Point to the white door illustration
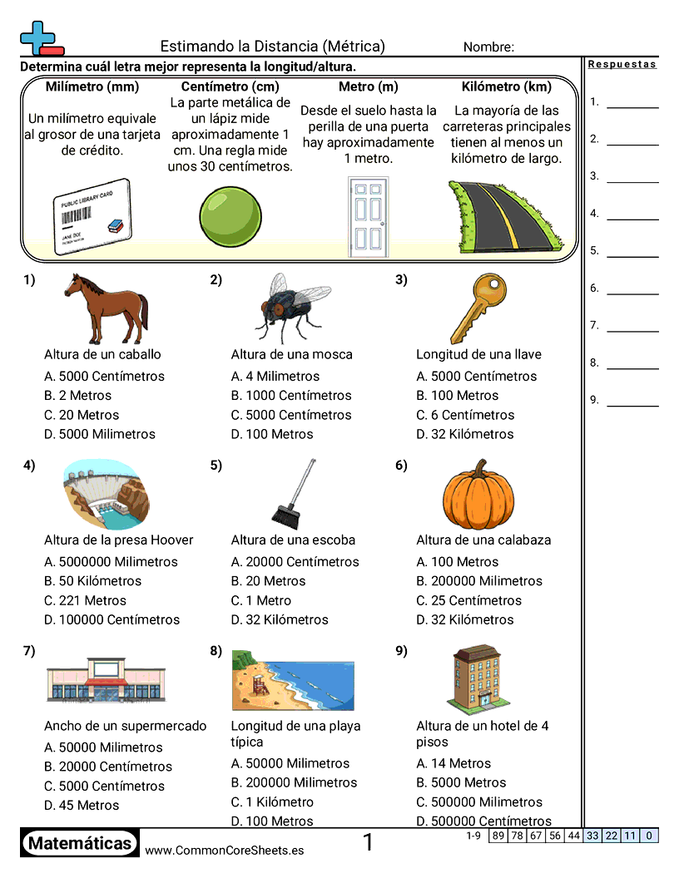[x=367, y=215]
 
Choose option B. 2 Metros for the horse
[x=77, y=396]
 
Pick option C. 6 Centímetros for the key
[x=465, y=415]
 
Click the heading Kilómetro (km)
[x=506, y=86]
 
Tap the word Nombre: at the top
[x=488, y=47]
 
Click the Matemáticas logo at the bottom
[x=80, y=844]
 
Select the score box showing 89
[x=498, y=836]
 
